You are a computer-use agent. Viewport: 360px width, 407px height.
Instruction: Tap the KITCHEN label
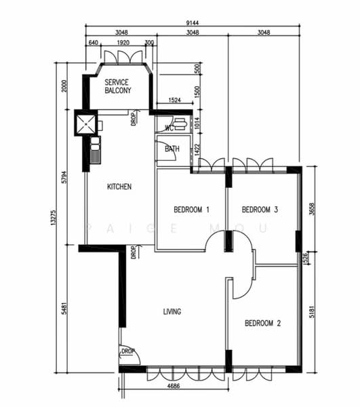(x=119, y=187)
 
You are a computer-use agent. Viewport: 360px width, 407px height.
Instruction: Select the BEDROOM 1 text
(x=191, y=209)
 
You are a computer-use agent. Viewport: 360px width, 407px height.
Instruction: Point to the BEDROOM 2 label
(x=262, y=324)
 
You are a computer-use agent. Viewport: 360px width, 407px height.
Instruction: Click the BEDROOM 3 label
(x=260, y=209)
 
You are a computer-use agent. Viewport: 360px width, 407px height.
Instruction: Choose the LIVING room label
(x=172, y=311)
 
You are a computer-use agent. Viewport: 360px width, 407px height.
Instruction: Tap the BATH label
(x=172, y=149)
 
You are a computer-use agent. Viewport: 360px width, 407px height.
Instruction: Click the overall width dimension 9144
(x=193, y=22)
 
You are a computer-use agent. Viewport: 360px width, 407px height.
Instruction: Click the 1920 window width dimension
(x=123, y=42)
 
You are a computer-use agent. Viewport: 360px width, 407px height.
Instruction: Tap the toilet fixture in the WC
(x=181, y=125)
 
